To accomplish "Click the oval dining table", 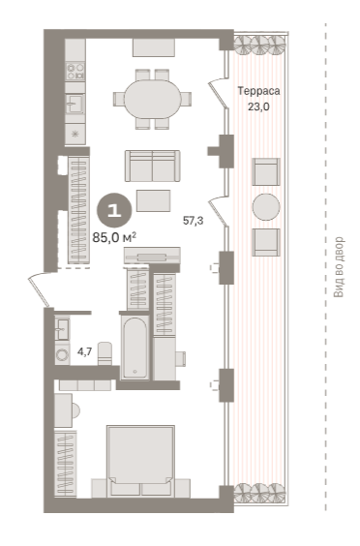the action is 153,100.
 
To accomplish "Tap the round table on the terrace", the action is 266,207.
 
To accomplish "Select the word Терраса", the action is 258,91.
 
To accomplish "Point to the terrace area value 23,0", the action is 258,106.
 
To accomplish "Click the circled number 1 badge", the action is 114,210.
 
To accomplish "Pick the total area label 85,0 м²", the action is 114,237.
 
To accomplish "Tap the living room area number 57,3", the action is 194,221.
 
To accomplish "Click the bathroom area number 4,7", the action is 84,351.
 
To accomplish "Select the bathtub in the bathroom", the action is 135,349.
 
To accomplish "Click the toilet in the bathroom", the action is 105,353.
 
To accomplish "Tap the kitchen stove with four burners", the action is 75,72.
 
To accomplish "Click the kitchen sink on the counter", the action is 75,104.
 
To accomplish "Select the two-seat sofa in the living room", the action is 153,166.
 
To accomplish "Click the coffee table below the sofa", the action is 153,200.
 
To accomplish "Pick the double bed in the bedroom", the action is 140,461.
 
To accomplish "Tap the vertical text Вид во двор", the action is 339,267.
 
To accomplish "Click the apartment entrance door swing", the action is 38,289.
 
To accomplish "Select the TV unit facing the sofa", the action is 152,256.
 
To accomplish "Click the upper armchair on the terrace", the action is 266,172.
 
